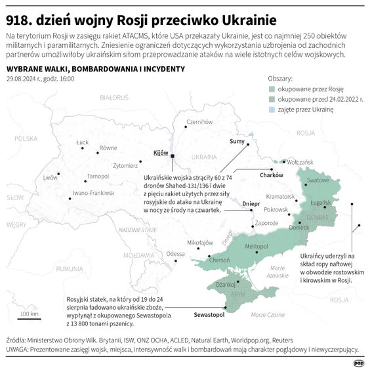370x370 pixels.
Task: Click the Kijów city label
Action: coord(160,153)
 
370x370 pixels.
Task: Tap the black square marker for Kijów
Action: coord(172,157)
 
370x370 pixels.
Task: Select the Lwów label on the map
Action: coord(50,178)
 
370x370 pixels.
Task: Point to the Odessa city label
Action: coord(175,254)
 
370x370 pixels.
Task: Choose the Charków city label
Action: coord(271,175)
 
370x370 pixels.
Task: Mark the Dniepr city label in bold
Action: coord(251,204)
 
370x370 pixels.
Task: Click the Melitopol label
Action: coord(257,245)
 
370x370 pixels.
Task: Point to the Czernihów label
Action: coord(200,121)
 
